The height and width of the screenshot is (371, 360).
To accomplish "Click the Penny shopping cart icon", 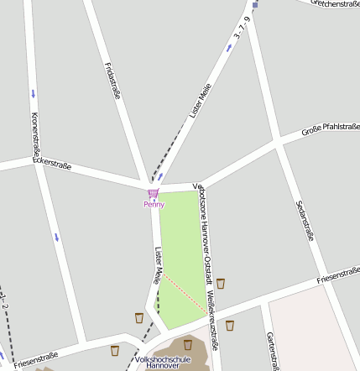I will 153,194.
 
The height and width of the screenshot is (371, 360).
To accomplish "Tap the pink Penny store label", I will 154,204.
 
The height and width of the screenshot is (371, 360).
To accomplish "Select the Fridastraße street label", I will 112,81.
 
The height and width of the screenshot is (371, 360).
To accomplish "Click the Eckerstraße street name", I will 52,163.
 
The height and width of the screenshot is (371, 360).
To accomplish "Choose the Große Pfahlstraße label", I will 329,129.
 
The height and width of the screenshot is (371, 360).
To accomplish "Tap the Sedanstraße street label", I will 305,221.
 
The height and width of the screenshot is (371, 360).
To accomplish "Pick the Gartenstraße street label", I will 271,348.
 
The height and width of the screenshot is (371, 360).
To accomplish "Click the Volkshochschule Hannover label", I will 163,362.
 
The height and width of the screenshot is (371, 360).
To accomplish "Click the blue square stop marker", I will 255,4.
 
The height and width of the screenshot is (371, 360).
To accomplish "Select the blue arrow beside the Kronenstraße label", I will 34,92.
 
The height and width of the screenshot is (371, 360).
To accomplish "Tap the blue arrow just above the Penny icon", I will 161,178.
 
